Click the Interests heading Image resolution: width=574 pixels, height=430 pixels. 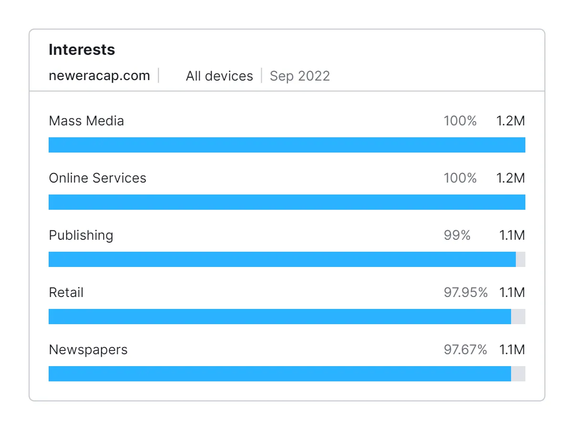[x=82, y=50]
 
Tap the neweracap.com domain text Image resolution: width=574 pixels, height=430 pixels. [x=99, y=75]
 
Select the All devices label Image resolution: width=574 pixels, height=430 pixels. [x=219, y=76]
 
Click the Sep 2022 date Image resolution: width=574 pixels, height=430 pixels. [x=300, y=76]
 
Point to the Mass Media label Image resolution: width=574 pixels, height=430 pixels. [x=86, y=121]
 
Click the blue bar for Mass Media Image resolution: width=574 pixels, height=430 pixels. [x=286, y=145]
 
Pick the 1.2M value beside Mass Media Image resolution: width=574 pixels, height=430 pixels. [x=510, y=121]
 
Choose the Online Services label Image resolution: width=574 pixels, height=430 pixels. [x=97, y=178]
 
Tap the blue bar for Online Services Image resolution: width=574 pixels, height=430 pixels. [x=286, y=202]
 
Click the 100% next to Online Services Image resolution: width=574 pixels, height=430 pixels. [x=460, y=178]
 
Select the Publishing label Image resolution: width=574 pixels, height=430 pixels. [x=81, y=235]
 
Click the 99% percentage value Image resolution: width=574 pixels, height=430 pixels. [x=457, y=235]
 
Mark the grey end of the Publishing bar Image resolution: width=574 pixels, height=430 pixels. [x=521, y=259]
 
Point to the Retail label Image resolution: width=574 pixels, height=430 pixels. [x=66, y=292]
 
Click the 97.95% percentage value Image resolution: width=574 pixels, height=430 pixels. [x=465, y=292]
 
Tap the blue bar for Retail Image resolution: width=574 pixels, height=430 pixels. [x=279, y=317]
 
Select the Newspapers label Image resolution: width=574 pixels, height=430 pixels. [x=88, y=349]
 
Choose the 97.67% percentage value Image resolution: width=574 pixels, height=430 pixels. [x=465, y=349]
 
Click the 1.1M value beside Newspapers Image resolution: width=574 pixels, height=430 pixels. [x=512, y=349]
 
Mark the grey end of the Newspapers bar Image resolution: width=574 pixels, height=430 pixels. [x=518, y=374]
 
